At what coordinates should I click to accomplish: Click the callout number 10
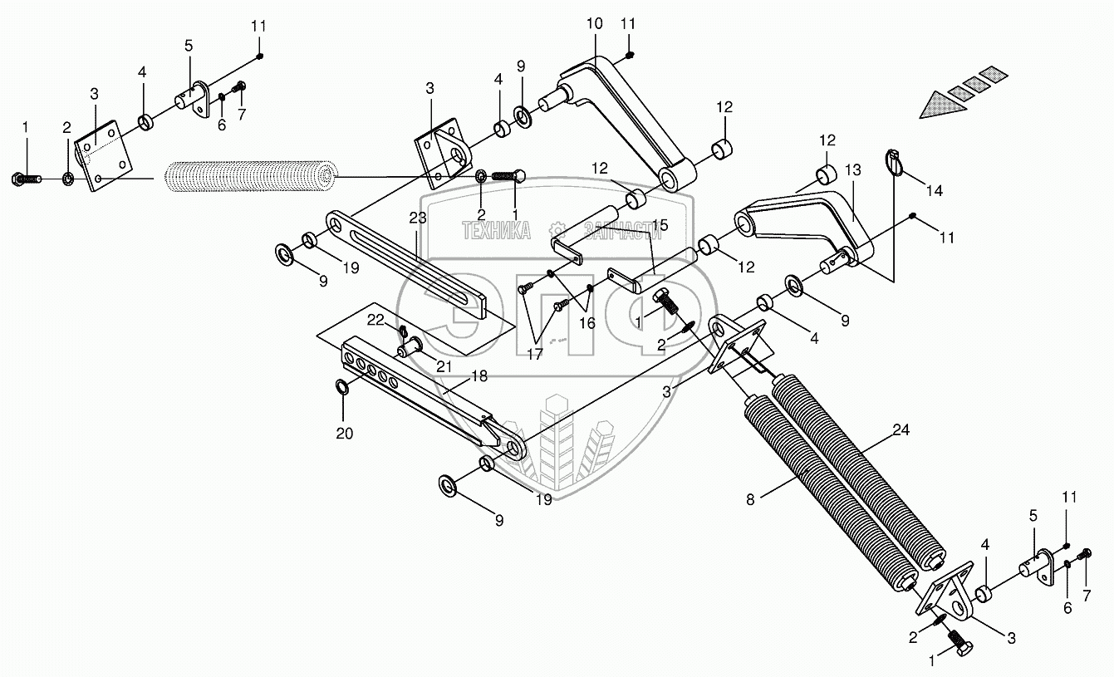click(594, 24)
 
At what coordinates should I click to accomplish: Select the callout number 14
click(935, 191)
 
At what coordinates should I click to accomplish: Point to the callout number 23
click(417, 219)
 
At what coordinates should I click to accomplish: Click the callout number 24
click(901, 430)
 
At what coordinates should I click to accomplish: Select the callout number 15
click(660, 225)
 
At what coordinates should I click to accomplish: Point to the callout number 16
click(587, 324)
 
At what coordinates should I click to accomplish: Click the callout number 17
click(533, 354)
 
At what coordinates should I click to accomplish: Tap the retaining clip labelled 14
click(893, 164)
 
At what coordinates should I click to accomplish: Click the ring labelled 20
click(341, 387)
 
